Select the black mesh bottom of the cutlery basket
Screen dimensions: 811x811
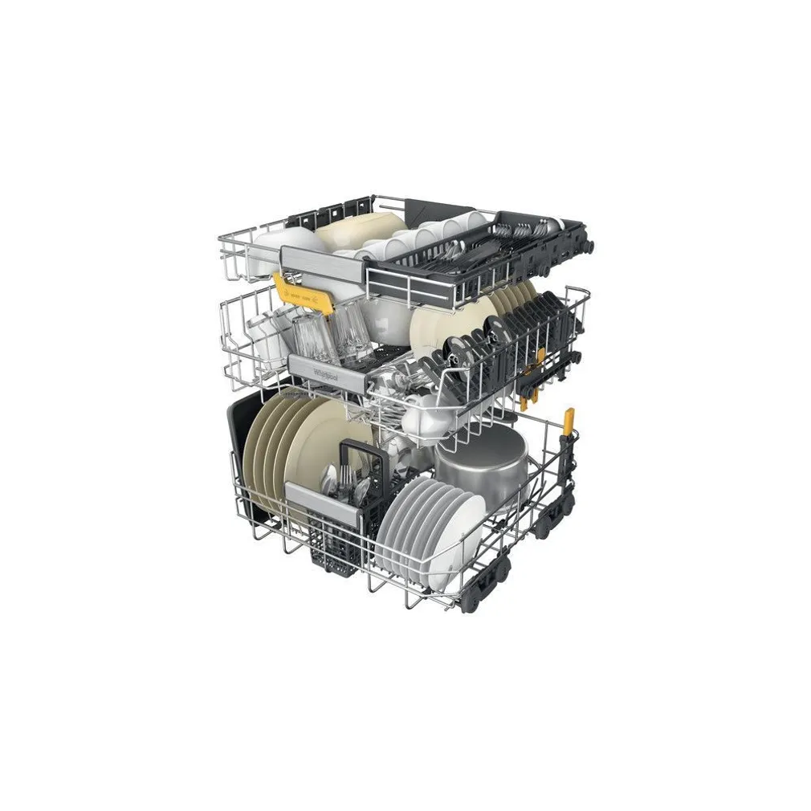(336, 538)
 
